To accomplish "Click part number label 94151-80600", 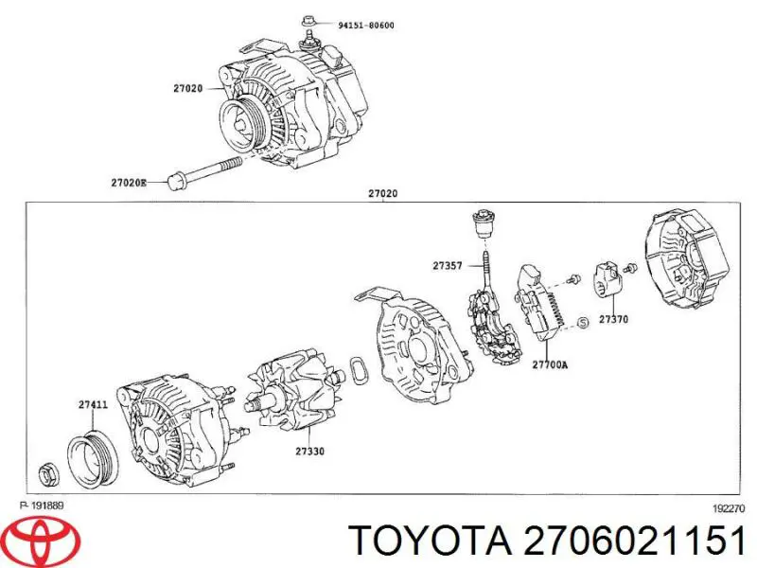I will coord(366,25).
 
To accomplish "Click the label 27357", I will coord(448,266).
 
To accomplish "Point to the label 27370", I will coord(613,321).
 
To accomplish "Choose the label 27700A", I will coord(550,364).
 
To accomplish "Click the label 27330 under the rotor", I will coord(308,452).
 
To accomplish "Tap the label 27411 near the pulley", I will coord(93,404).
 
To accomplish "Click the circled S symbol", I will coord(583,323).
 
